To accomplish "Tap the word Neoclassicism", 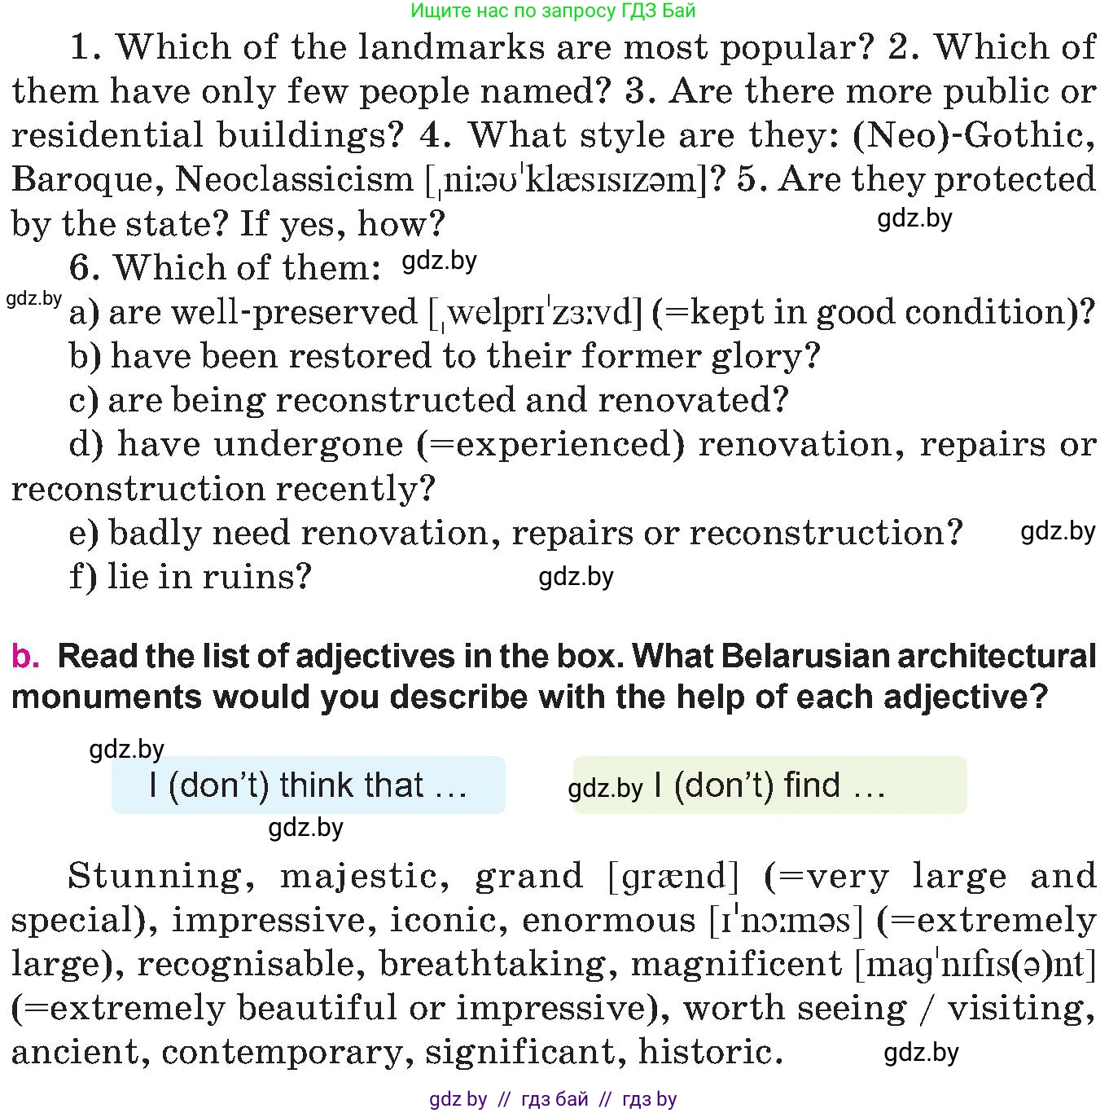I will (294, 180).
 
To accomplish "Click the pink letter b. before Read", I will (24, 657).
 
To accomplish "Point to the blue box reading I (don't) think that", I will (308, 785).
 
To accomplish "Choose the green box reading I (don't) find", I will (769, 785).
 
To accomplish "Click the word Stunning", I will (155, 877).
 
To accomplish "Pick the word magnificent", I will (736, 965).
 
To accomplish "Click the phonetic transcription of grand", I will (674, 877).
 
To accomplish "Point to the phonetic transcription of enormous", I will (786, 921).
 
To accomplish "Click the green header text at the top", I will (554, 11).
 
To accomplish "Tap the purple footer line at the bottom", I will (554, 1099).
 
